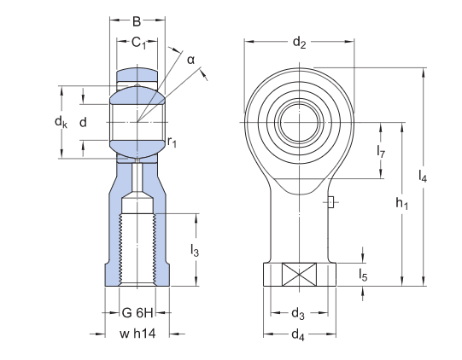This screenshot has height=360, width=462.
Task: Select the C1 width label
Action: (x=137, y=44)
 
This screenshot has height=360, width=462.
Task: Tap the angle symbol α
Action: (x=191, y=59)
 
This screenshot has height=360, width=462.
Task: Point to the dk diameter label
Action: (x=61, y=123)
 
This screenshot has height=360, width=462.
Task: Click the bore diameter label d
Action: (x=83, y=123)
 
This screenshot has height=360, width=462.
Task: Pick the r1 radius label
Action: (x=173, y=142)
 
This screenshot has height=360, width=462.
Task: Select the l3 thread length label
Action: (x=196, y=251)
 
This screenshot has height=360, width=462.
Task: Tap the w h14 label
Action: (x=137, y=334)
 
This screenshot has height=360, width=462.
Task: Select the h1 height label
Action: (x=402, y=205)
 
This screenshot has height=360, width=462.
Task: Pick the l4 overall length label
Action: (x=424, y=177)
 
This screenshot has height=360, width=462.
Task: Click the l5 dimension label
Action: (x=364, y=275)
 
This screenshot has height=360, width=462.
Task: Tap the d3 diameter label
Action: (x=299, y=312)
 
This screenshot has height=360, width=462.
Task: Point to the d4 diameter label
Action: (x=298, y=334)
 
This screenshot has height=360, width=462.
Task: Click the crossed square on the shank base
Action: (x=298, y=276)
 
